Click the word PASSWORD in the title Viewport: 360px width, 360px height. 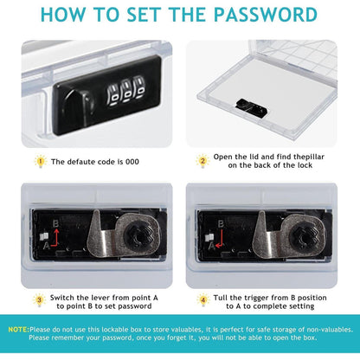(266, 14)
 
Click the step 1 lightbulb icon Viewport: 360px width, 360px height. (41, 162)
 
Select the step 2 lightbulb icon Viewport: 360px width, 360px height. (202, 161)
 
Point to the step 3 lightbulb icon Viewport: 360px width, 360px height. (39, 300)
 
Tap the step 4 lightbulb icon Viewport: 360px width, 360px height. (203, 300)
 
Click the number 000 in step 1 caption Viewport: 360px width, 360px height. (132, 162)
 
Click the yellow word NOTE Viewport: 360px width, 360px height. (18, 330)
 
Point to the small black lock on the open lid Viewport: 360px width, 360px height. (251, 108)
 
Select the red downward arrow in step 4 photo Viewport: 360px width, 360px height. (220, 240)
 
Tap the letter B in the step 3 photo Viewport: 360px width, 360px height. (56, 224)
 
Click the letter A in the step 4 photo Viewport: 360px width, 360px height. (211, 246)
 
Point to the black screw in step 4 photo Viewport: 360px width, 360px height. (306, 235)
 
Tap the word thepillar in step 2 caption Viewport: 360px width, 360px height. (309, 157)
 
